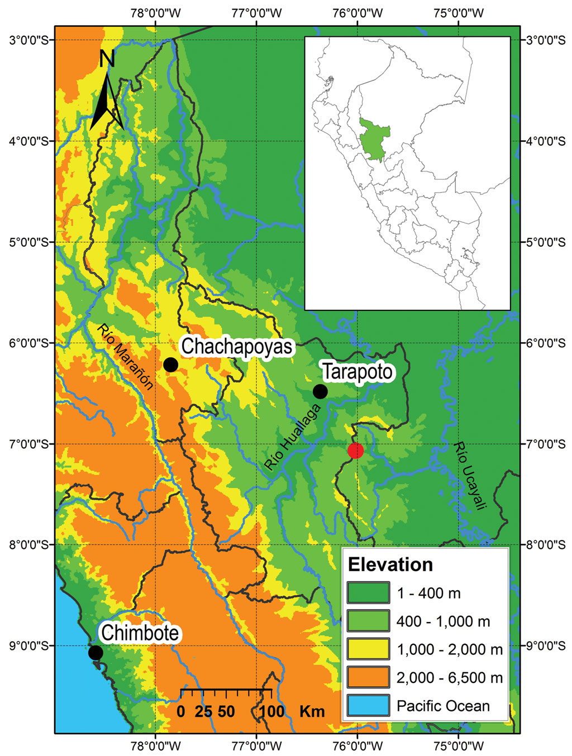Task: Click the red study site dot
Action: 355,450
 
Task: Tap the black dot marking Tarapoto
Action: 320,391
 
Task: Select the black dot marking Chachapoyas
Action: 170,365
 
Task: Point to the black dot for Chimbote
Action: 96,652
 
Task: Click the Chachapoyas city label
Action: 237,346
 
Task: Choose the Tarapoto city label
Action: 357,372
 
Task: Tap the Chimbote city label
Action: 140,633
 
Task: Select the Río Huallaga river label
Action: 293,437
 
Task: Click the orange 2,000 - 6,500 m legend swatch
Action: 368,677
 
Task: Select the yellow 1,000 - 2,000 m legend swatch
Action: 368,649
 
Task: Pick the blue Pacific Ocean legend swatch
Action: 368,706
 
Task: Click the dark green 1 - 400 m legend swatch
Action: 368,593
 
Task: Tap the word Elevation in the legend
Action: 390,564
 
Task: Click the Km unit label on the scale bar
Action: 312,711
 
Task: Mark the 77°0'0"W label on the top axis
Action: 256,13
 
